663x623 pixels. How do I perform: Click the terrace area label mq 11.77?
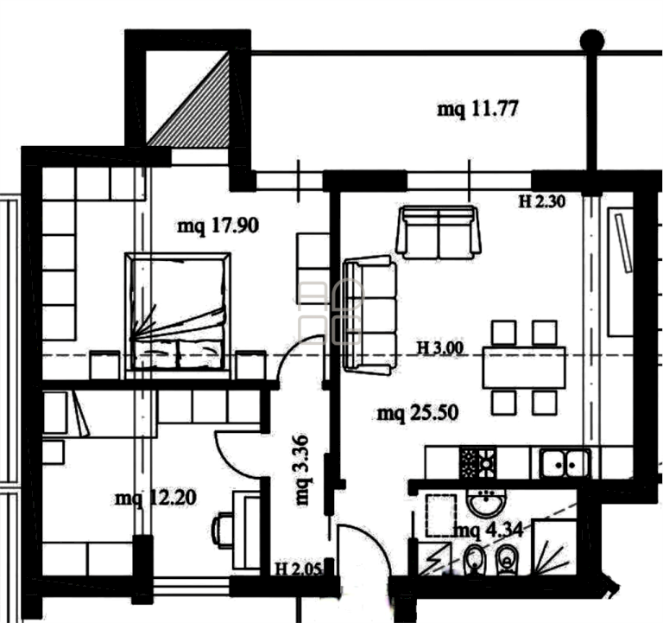pyautogui.click(x=477, y=109)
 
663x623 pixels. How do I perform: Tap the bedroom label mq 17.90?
pyautogui.click(x=218, y=226)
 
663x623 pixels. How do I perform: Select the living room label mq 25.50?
pyautogui.click(x=417, y=413)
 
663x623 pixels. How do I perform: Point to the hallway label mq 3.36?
pyautogui.click(x=303, y=470)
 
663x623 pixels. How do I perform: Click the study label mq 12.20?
pyautogui.click(x=155, y=498)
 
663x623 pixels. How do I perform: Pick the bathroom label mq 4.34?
pyautogui.click(x=489, y=530)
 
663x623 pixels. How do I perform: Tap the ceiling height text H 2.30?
pyautogui.click(x=541, y=201)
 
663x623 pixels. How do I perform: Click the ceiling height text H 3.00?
pyautogui.click(x=440, y=348)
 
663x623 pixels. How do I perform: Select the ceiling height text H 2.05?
pyautogui.click(x=299, y=569)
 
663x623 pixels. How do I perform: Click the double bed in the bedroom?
pyautogui.click(x=178, y=312)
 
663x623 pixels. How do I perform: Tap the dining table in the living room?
pyautogui.click(x=524, y=367)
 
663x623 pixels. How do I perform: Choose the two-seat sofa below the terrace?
pyautogui.click(x=439, y=232)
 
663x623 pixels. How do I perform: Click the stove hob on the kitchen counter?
pyautogui.click(x=477, y=462)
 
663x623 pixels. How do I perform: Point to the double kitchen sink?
pyautogui.click(x=565, y=463)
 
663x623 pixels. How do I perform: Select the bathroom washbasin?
pyautogui.click(x=487, y=503)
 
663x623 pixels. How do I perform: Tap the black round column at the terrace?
pyautogui.click(x=592, y=41)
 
